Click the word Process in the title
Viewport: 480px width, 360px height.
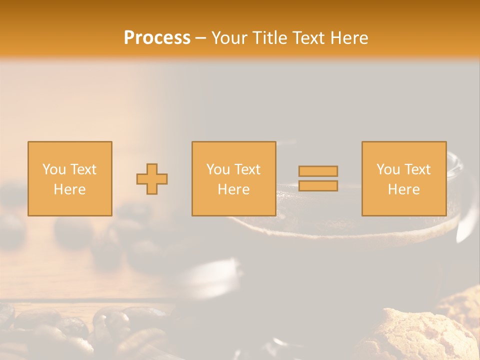157,37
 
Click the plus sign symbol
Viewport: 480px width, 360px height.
152,179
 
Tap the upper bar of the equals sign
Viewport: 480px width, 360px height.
318,171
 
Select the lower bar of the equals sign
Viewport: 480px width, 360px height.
318,186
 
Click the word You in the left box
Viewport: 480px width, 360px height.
54,169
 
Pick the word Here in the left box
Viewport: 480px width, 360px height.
69,189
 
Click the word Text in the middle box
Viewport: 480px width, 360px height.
247,169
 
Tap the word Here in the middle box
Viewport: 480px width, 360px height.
233,189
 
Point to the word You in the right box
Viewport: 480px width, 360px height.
388,169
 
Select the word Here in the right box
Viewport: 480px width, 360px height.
403,189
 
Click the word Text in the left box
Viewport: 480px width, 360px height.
83,169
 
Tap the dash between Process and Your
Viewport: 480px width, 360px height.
200,38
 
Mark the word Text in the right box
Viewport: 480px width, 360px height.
417,169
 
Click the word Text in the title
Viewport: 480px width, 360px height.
308,37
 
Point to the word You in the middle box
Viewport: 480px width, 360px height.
218,169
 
